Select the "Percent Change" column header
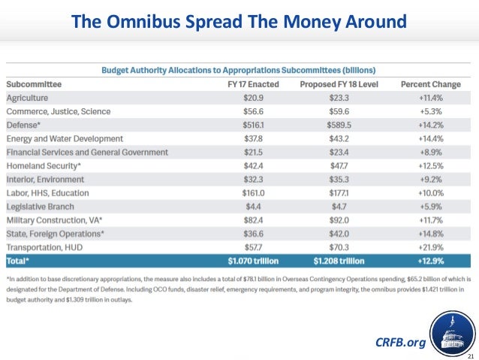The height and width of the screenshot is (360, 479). pos(432,85)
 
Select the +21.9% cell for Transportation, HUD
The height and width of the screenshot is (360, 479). pos(432,247)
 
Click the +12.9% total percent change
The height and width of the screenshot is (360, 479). pos(432,262)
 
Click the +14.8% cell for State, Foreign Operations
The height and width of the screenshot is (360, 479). pos(432,234)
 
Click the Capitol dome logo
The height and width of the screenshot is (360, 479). pos(452,326)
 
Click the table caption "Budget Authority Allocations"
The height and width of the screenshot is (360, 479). pos(239,70)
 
